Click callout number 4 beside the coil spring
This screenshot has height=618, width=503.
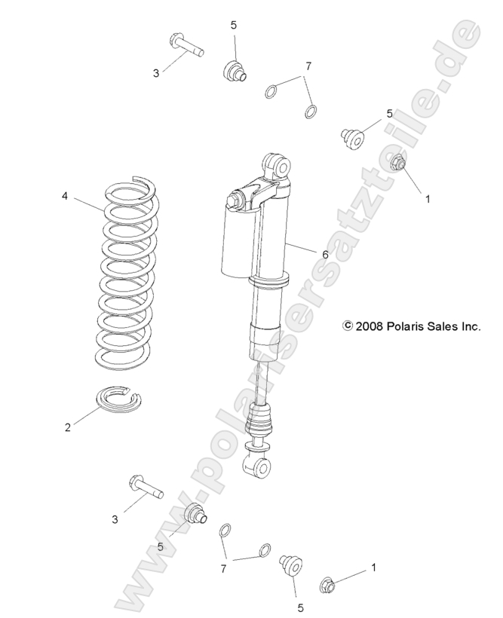[x=65, y=197]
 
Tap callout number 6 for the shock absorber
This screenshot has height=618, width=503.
[x=325, y=255]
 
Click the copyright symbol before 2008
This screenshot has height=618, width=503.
[x=348, y=326]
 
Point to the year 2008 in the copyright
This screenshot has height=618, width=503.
[x=370, y=326]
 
